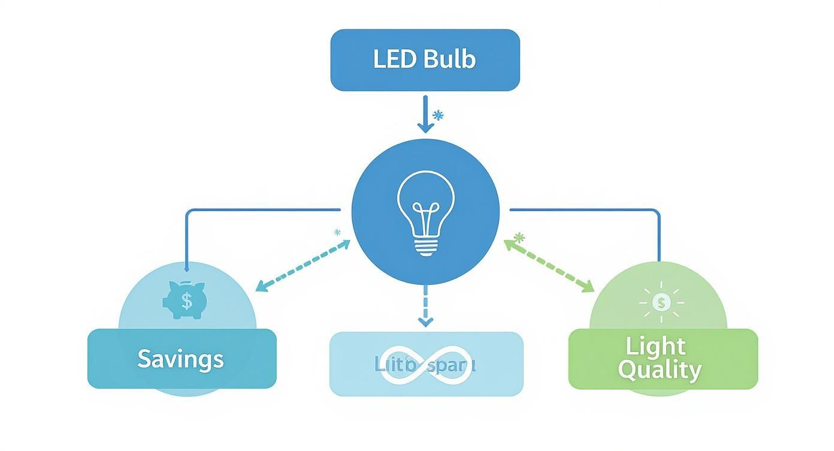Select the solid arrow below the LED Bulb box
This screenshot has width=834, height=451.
(x=425, y=114)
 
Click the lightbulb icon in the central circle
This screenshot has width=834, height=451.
(x=425, y=214)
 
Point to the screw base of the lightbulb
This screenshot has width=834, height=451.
(x=425, y=247)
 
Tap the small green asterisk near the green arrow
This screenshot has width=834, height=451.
(x=519, y=238)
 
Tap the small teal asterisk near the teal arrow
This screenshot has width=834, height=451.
(x=337, y=232)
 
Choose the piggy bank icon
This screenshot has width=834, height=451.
(x=184, y=300)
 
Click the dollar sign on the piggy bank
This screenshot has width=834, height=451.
(x=187, y=300)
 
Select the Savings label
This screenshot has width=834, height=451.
(x=180, y=359)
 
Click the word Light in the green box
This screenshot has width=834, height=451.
(x=655, y=347)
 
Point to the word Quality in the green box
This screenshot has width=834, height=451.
(x=659, y=371)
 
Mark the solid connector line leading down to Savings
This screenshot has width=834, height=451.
(x=187, y=240)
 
